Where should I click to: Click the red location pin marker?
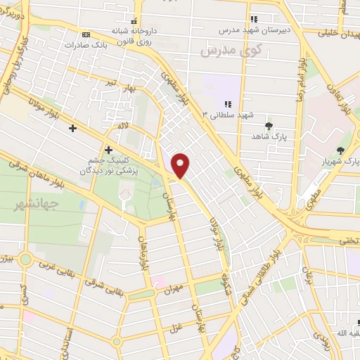181,165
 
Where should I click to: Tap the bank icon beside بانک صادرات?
86,34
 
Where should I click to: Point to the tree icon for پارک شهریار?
341,151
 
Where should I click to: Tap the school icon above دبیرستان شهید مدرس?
254,19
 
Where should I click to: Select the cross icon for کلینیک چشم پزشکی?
108,149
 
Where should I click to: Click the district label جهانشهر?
28,205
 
